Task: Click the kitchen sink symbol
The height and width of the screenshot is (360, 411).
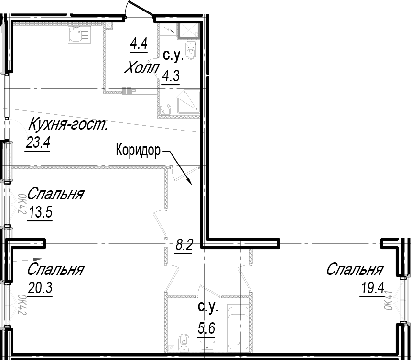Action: (79, 34)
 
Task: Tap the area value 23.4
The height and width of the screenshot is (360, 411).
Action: (38, 143)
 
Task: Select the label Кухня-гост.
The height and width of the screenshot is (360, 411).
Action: (68, 124)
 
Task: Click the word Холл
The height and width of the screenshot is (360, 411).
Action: (141, 68)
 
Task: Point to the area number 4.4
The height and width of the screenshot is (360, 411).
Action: (139, 44)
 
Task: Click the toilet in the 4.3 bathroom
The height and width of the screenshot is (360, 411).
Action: (190, 50)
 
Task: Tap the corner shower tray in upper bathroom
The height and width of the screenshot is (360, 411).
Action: (188, 102)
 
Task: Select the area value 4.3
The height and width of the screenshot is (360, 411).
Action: (171, 76)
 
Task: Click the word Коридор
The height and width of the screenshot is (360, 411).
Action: (138, 151)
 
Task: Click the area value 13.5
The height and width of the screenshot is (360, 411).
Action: (41, 212)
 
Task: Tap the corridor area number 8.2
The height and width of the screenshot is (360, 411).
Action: (184, 245)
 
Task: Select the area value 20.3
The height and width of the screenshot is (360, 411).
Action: (40, 288)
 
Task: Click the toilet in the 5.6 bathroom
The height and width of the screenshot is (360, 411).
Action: (184, 343)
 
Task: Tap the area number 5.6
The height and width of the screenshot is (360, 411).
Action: (206, 328)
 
